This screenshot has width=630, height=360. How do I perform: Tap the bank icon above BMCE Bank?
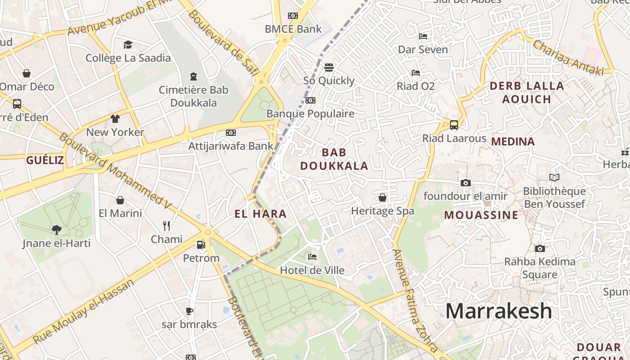point(293,16)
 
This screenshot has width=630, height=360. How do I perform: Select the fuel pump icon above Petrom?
point(201,245)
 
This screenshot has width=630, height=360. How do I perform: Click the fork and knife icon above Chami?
point(166,225)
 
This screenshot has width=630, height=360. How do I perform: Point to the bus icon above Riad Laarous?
point(454,125)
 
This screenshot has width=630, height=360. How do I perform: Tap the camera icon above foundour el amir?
point(466,183)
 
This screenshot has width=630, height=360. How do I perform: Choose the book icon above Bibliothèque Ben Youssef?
point(554,178)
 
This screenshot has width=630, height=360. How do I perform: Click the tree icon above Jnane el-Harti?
point(57,230)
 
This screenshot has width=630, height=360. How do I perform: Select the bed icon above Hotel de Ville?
point(312,257)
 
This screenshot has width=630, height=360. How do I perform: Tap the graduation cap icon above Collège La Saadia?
point(128,45)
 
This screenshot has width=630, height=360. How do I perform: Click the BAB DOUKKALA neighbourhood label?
point(334,159)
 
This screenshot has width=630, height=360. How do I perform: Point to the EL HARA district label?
point(261,214)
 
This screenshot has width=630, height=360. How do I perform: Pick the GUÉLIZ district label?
point(45,160)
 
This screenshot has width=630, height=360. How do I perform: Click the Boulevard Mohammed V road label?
point(115,171)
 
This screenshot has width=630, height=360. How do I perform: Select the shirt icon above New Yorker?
point(115,119)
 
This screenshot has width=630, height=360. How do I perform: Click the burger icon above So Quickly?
point(329,67)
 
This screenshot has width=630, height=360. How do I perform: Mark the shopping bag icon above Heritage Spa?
point(382,198)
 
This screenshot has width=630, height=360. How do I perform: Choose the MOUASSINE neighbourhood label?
point(481,215)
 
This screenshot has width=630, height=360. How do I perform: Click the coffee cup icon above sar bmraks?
point(189,311)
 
